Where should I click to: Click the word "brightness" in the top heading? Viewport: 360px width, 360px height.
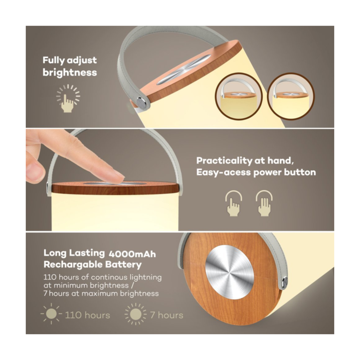(69, 73)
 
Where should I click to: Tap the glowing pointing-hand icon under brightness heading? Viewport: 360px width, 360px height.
(68, 99)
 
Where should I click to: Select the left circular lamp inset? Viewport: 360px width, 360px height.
(239, 96)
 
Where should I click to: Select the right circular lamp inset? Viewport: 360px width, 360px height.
(291, 96)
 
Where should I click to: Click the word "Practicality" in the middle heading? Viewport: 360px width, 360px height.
(224, 161)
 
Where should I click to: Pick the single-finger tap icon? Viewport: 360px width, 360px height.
(233, 203)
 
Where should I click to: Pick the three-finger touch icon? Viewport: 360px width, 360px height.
(264, 203)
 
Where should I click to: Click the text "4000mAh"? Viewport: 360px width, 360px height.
(132, 254)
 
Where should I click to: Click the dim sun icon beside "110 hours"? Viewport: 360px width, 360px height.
(51, 314)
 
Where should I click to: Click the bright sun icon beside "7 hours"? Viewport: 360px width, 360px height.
(135, 314)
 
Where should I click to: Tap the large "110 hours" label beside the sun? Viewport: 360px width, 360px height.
(87, 315)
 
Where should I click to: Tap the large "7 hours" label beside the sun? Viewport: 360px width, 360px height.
(167, 315)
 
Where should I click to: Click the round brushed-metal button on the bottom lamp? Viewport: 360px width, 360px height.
(229, 272)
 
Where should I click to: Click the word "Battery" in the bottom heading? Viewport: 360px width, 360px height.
(123, 265)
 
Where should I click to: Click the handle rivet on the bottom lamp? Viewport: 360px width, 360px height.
(285, 281)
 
